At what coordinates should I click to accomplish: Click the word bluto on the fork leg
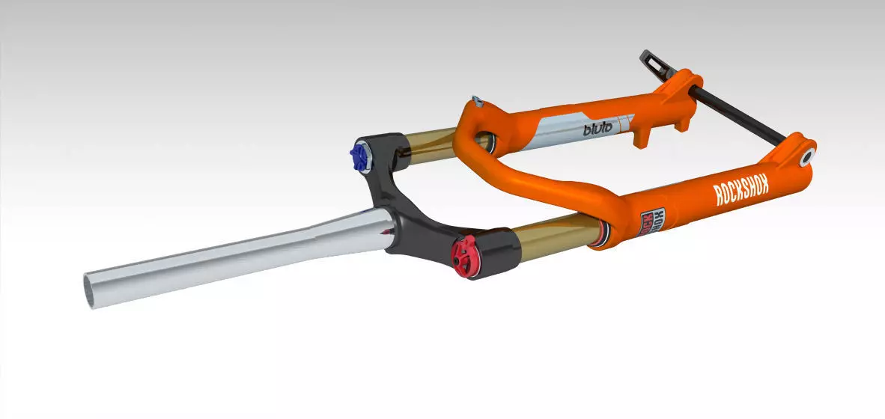point(597,128)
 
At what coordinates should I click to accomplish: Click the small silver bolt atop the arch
point(475,100)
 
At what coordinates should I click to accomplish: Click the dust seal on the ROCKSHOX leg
point(603,234)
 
